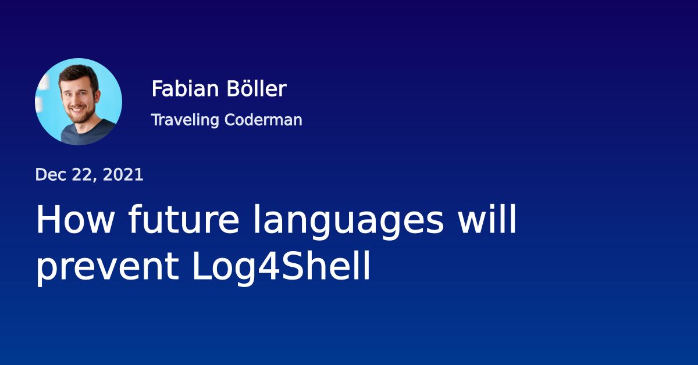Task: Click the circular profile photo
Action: (79, 102)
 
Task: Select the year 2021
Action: (123, 175)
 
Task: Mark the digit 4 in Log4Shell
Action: (254, 267)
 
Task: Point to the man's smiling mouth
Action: (76, 110)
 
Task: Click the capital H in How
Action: (48, 220)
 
